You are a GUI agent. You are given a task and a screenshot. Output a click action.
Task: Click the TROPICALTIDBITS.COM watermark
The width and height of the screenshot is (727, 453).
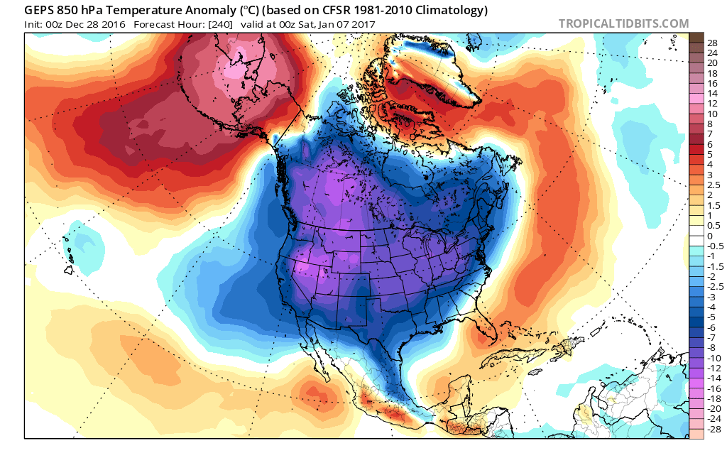pyautogui.click(x=623, y=23)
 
